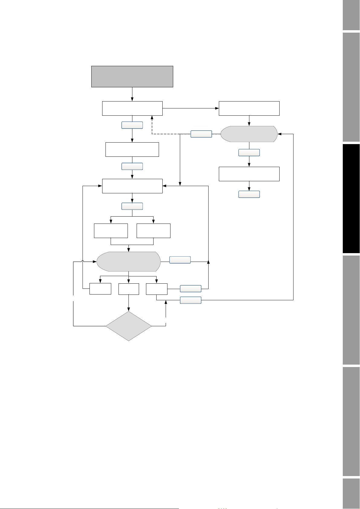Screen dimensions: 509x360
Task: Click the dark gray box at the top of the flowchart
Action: [132, 76]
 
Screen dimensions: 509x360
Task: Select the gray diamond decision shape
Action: [128, 326]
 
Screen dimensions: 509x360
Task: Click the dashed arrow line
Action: [152, 127]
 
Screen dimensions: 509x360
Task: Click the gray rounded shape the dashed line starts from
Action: [249, 134]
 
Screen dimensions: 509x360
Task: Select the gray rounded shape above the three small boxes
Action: [128, 262]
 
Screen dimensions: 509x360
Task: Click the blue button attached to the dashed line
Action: [201, 134]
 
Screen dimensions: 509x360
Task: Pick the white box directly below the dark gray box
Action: [132, 108]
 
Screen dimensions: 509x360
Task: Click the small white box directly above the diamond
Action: [128, 289]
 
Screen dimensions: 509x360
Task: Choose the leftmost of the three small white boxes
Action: [100, 289]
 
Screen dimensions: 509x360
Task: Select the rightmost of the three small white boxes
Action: [156, 289]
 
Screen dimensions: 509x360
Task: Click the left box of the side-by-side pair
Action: [111, 231]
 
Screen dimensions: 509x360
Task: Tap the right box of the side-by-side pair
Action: [153, 231]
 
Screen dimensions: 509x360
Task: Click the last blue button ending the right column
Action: [249, 194]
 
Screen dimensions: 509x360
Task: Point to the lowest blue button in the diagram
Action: [190, 300]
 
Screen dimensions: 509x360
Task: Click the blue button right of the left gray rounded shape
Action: [180, 260]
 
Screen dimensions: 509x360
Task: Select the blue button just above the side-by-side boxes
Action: [132, 206]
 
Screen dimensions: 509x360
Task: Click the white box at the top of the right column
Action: [249, 108]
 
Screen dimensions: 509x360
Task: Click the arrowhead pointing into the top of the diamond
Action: [128, 310]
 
